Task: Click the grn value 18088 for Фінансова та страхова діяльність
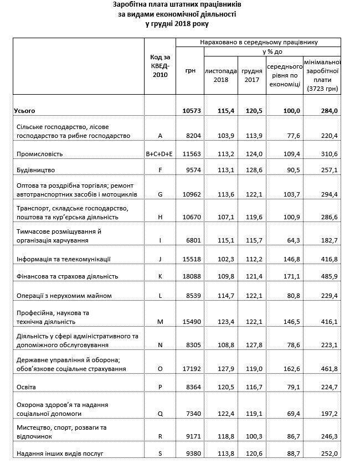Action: (191, 276)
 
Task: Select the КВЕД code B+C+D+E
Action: (160, 153)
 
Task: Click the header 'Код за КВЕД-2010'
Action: (160, 66)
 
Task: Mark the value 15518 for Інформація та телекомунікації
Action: (191, 259)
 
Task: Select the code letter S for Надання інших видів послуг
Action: (160, 454)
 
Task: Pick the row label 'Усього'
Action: (24, 111)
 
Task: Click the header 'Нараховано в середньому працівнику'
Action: (258, 42)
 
